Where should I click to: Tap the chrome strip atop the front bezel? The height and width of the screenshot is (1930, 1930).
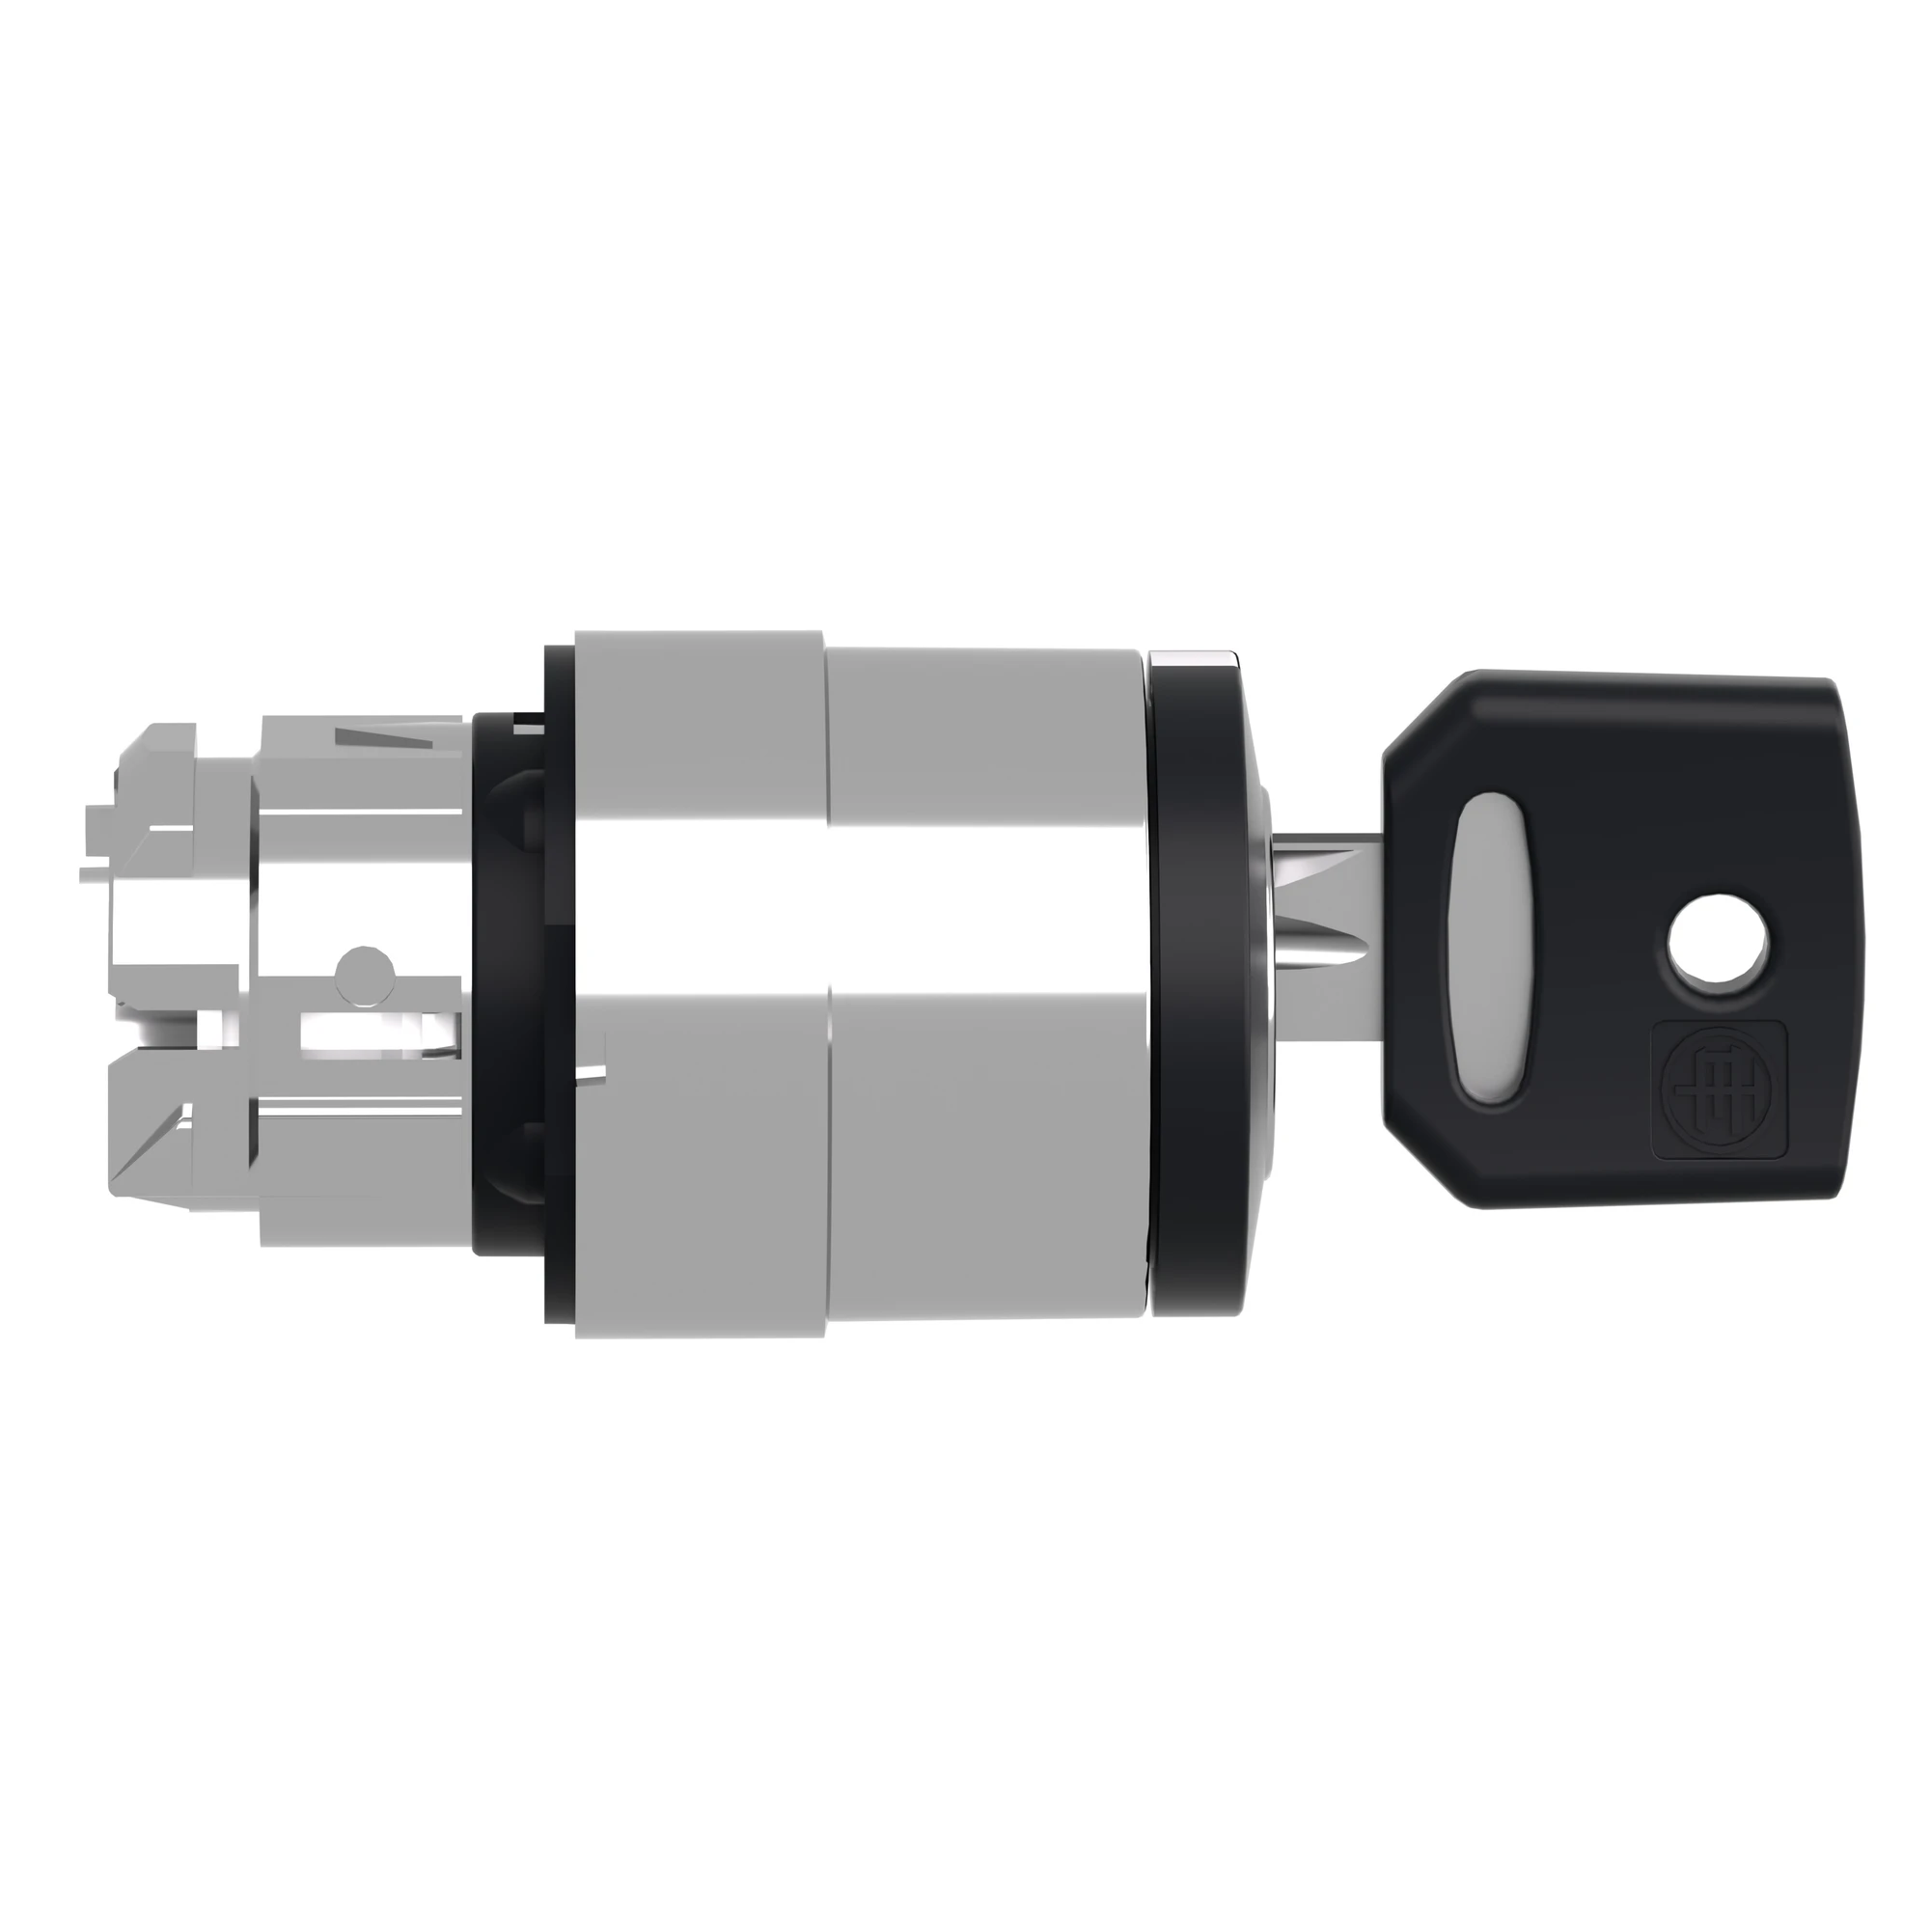click(1195, 660)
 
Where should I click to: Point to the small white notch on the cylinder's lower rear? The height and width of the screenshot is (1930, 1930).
click(593, 1074)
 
